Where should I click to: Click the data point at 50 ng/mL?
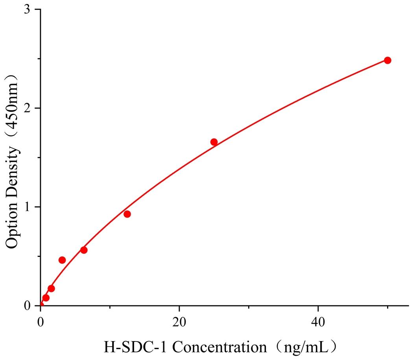click(387, 60)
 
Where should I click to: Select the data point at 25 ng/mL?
click(214, 142)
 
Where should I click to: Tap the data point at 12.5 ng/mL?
click(127, 214)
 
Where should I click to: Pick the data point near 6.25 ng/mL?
click(84, 250)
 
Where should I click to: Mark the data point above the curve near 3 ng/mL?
click(62, 260)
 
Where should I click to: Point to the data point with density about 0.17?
click(51, 288)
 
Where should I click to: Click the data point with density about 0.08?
click(46, 298)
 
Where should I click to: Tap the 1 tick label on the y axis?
click(28, 207)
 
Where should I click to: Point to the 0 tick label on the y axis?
click(28, 306)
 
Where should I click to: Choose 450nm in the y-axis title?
click(13, 104)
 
